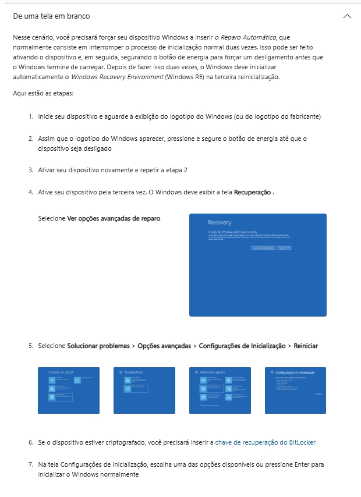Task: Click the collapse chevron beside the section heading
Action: [348, 16]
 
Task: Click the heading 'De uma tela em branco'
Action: [51, 16]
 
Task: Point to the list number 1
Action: [30, 116]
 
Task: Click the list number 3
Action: [30, 170]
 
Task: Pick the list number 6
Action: [30, 442]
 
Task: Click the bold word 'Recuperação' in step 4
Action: [252, 192]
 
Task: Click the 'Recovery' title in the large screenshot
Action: [220, 222]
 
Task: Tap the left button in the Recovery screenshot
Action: [263, 248]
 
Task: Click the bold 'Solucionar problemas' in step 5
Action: [98, 346]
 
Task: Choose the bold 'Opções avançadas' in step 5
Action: [164, 346]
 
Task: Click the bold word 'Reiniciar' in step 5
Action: [306, 346]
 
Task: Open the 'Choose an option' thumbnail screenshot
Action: [69, 390]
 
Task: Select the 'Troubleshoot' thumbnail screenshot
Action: [144, 390]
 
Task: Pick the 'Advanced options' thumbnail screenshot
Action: [220, 390]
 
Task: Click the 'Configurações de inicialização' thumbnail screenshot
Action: [295, 390]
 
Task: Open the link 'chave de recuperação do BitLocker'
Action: [265, 442]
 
